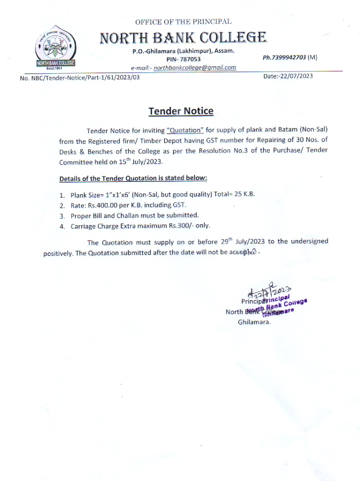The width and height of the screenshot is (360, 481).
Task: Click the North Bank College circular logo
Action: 56,48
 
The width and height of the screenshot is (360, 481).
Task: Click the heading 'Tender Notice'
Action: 181,111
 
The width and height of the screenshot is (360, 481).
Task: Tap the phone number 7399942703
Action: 284,57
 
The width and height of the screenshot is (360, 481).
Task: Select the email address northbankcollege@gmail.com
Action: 195,68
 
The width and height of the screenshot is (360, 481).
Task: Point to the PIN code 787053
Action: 190,59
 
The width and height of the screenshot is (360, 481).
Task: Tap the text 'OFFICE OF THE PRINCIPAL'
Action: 183,22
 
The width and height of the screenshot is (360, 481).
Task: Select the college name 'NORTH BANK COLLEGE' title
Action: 183,38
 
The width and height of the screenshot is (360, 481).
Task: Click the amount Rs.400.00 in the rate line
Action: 103,205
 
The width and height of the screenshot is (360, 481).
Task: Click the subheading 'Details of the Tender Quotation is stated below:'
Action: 133,178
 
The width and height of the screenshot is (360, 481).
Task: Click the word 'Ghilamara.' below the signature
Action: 254,322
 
